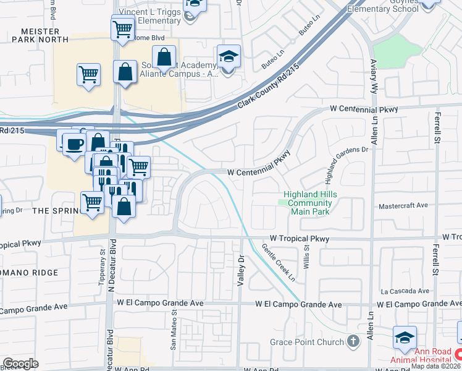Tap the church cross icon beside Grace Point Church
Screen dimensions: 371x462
click(x=353, y=341)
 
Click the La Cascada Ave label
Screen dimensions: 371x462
click(x=405, y=291)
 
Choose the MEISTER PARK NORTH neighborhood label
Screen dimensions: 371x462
click(x=40, y=35)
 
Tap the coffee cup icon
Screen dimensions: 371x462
click(x=74, y=144)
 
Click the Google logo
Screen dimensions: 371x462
click(x=20, y=363)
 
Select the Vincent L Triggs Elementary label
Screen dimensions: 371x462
click(x=149, y=16)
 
